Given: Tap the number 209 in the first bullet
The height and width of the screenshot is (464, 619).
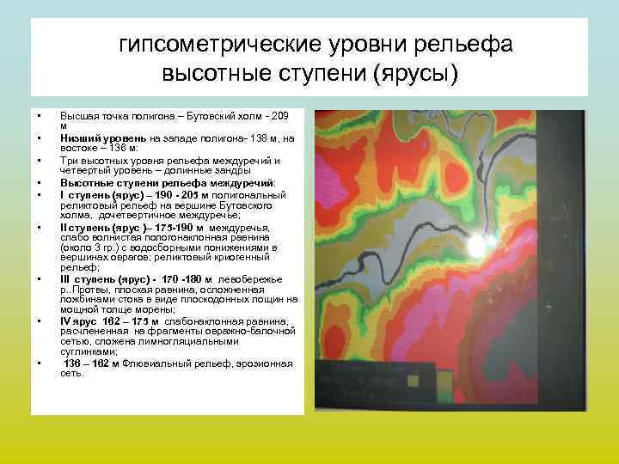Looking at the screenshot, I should click(281, 115).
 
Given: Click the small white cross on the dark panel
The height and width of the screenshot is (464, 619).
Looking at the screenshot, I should click(549, 306).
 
